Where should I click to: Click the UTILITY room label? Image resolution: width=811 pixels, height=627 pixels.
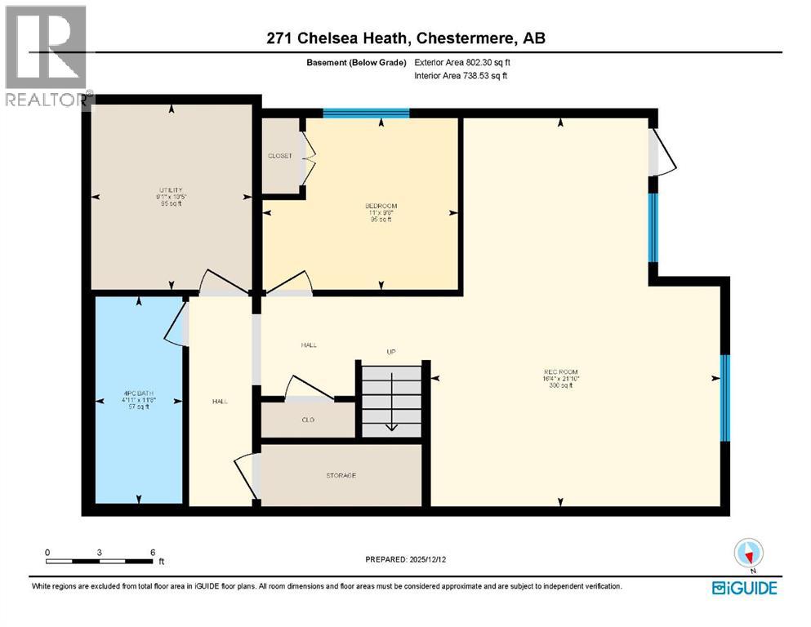[171, 189]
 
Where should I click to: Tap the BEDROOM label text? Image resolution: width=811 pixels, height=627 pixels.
[381, 205]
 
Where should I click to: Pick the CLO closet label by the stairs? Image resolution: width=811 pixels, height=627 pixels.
[308, 420]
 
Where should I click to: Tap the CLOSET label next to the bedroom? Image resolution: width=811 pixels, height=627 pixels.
[279, 156]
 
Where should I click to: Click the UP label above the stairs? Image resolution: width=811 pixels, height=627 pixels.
[391, 352]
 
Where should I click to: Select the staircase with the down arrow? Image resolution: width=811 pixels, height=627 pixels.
[391, 401]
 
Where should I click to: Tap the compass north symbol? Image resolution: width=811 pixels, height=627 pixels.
[748, 554]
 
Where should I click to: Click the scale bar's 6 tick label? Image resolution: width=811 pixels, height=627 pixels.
[153, 552]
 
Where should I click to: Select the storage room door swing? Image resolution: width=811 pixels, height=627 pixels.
[245, 476]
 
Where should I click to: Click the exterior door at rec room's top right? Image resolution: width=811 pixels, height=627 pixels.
[662, 153]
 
